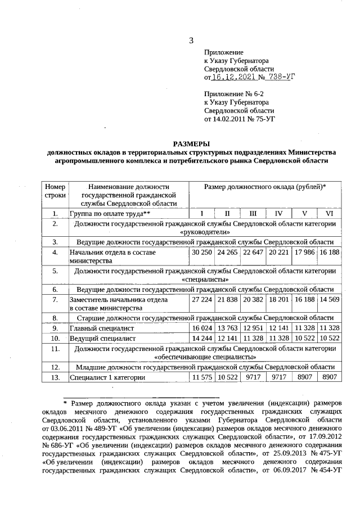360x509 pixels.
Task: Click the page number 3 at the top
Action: tap(191, 40)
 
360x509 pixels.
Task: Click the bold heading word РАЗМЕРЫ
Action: tap(191, 143)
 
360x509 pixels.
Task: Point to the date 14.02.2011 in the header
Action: tap(236, 119)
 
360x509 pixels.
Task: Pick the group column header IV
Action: tap(278, 214)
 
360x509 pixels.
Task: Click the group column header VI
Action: tap(329, 214)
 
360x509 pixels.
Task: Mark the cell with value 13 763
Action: tap(227, 328)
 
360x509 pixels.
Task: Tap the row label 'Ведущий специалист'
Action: tap(102, 339)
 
